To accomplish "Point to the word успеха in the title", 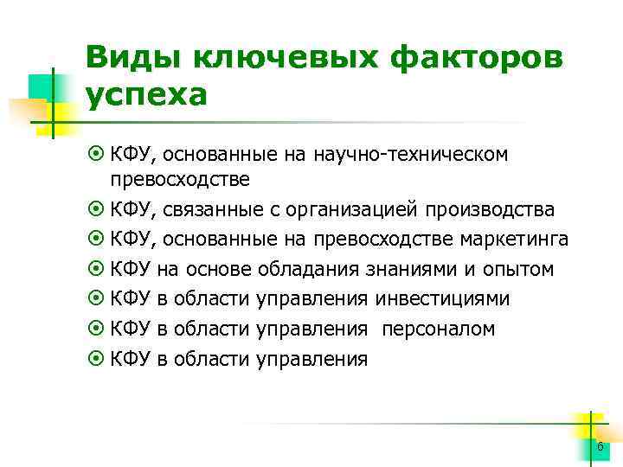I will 147,93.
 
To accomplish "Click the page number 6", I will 600,445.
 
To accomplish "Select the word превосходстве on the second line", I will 179,179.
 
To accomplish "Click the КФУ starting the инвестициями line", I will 132,298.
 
